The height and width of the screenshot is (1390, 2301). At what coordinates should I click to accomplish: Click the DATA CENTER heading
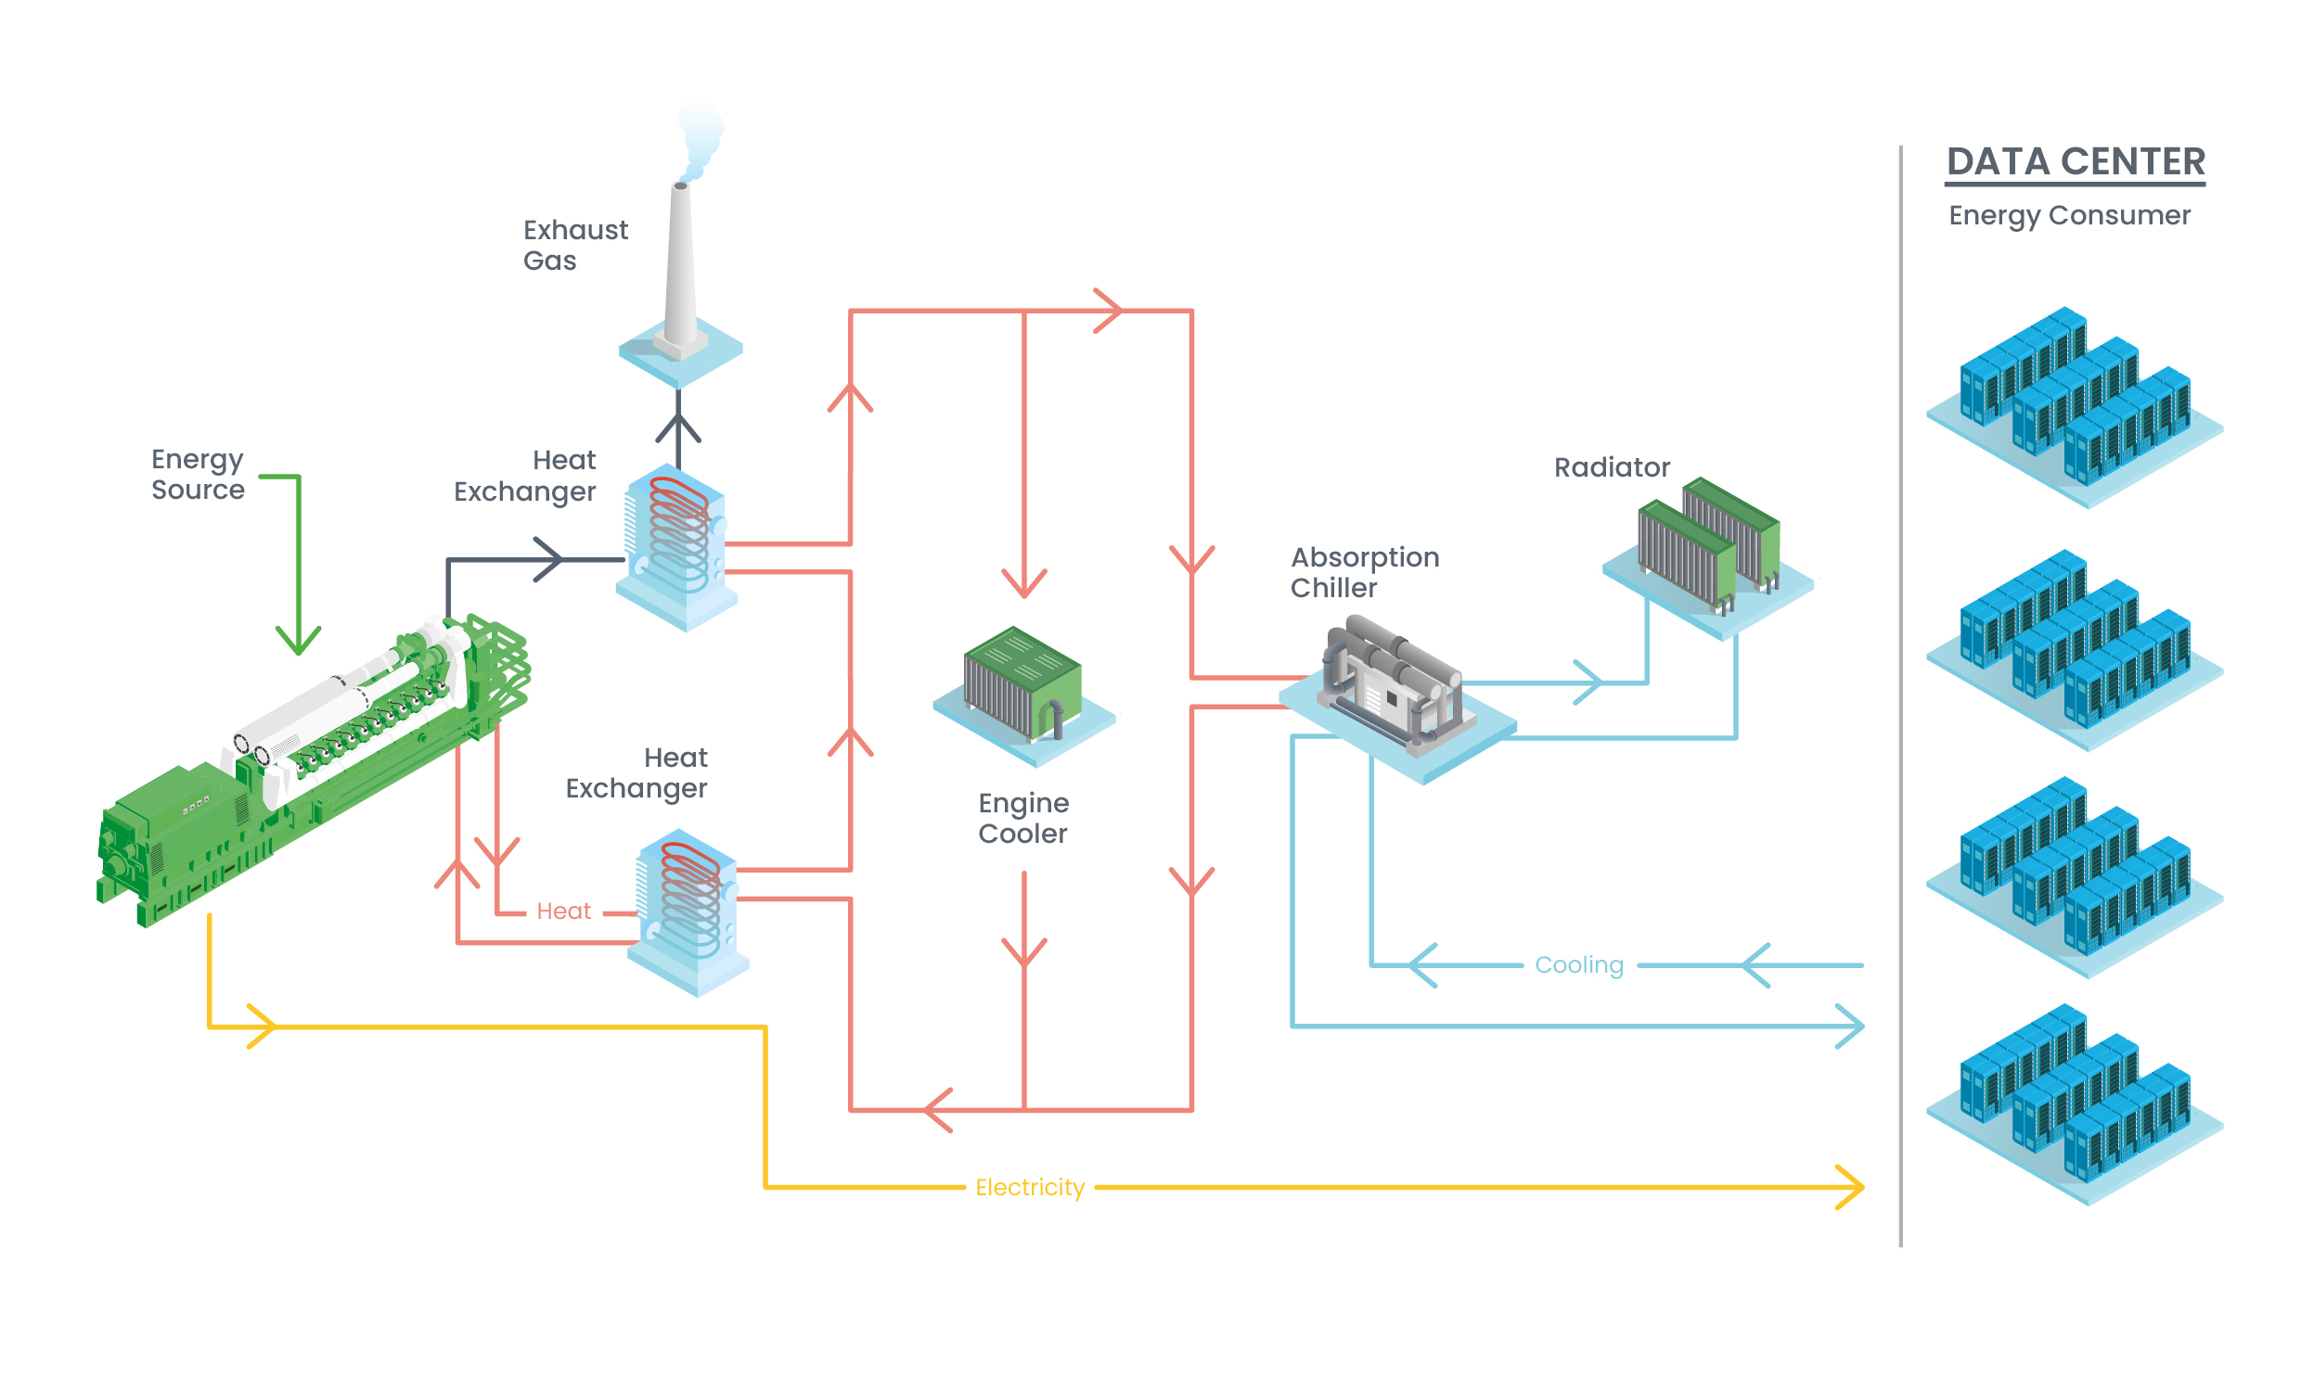[2075, 161]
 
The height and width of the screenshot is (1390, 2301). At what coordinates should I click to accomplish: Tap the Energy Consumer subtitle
[2068, 216]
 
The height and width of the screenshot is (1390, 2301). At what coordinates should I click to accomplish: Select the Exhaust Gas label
[574, 245]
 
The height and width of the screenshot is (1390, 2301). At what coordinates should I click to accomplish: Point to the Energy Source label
[197, 474]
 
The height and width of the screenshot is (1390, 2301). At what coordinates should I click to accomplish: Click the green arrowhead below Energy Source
[298, 643]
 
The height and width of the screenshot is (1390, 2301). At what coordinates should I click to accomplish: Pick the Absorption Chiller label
[1363, 572]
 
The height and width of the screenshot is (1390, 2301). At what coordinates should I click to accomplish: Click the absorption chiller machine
[1393, 686]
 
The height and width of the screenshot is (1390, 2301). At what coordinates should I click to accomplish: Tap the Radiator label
[1611, 467]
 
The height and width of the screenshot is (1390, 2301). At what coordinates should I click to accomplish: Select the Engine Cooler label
[1022, 818]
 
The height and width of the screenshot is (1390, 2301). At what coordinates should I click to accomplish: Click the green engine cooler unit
[1022, 683]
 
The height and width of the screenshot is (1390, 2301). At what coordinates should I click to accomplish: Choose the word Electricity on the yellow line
[1029, 1188]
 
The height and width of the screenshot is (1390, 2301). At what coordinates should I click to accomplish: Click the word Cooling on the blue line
[1578, 965]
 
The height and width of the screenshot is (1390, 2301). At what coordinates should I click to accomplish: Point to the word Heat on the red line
[563, 912]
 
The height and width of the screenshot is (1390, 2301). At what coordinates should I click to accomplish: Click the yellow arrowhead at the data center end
[1852, 1188]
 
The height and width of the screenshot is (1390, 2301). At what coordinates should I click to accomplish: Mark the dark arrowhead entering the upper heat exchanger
[551, 559]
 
